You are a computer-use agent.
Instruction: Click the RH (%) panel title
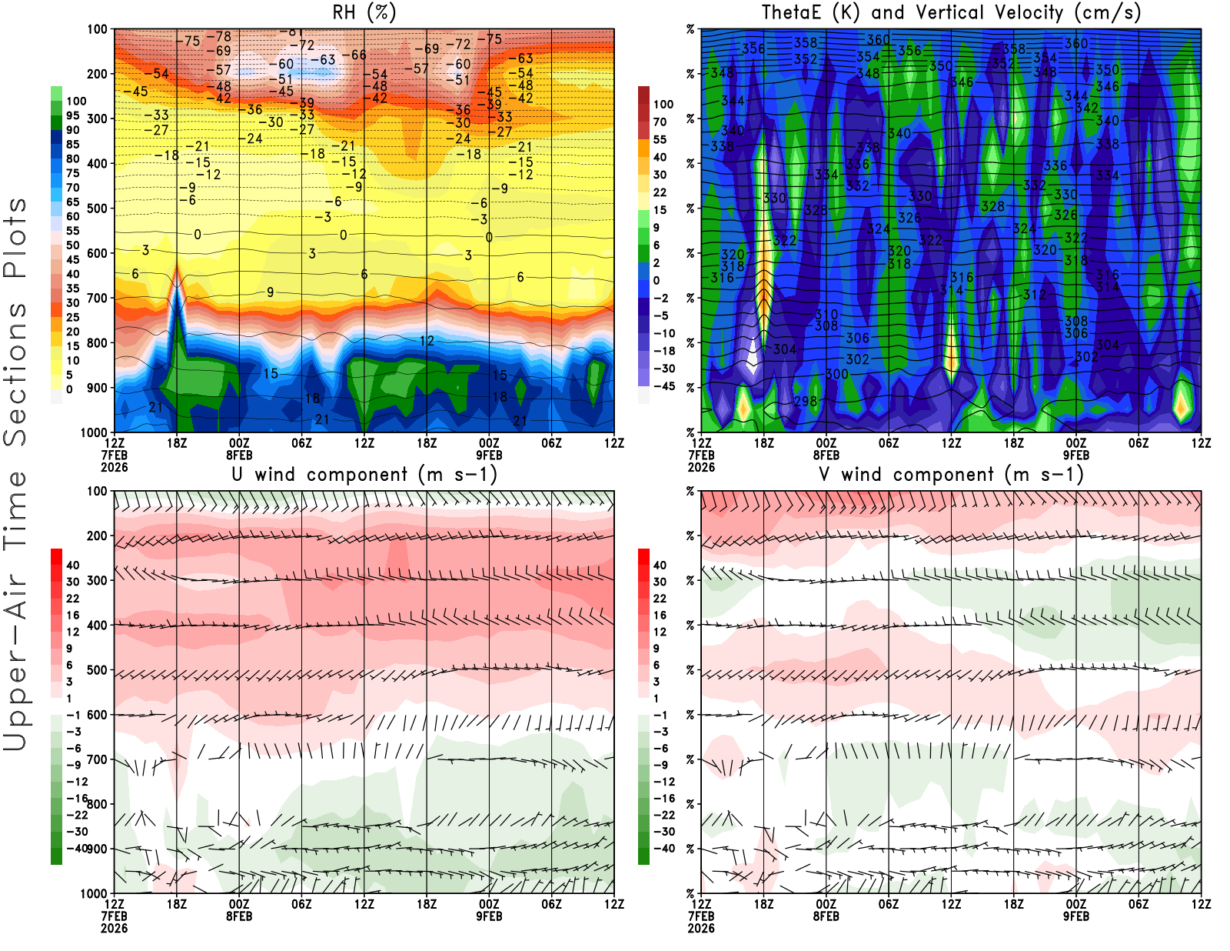(x=364, y=13)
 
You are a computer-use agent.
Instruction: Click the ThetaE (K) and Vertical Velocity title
(x=951, y=13)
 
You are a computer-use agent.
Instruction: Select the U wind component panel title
(x=364, y=475)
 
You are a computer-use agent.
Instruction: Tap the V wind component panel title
(x=951, y=475)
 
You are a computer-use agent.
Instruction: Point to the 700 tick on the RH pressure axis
(x=98, y=298)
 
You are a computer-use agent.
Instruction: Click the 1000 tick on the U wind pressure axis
(x=94, y=893)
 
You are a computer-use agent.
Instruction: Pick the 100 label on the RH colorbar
(x=76, y=101)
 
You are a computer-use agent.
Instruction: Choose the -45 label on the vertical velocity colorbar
(x=663, y=386)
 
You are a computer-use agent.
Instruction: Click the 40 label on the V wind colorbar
(x=660, y=565)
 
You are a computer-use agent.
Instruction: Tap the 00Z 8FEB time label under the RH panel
(x=239, y=449)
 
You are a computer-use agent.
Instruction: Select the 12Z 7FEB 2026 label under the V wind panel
(x=701, y=916)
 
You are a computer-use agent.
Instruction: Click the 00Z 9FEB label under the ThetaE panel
(x=1075, y=449)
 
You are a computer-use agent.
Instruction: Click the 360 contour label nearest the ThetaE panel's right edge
(x=1076, y=44)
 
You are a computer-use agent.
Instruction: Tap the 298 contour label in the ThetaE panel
(x=806, y=401)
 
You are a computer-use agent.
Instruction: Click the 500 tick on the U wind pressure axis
(x=98, y=670)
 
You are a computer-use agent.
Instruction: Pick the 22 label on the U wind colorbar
(x=72, y=599)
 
